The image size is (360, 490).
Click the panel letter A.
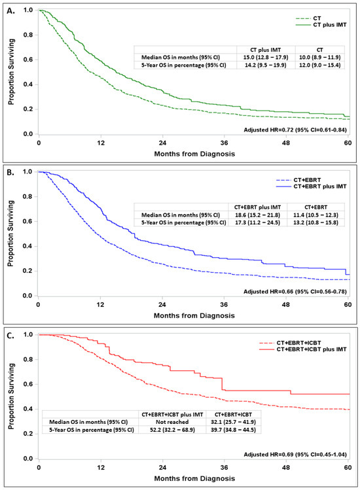coord(7,7)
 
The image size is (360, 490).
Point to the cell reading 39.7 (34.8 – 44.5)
coord(240,432)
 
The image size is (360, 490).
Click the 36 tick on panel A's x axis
coord(225,143)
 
